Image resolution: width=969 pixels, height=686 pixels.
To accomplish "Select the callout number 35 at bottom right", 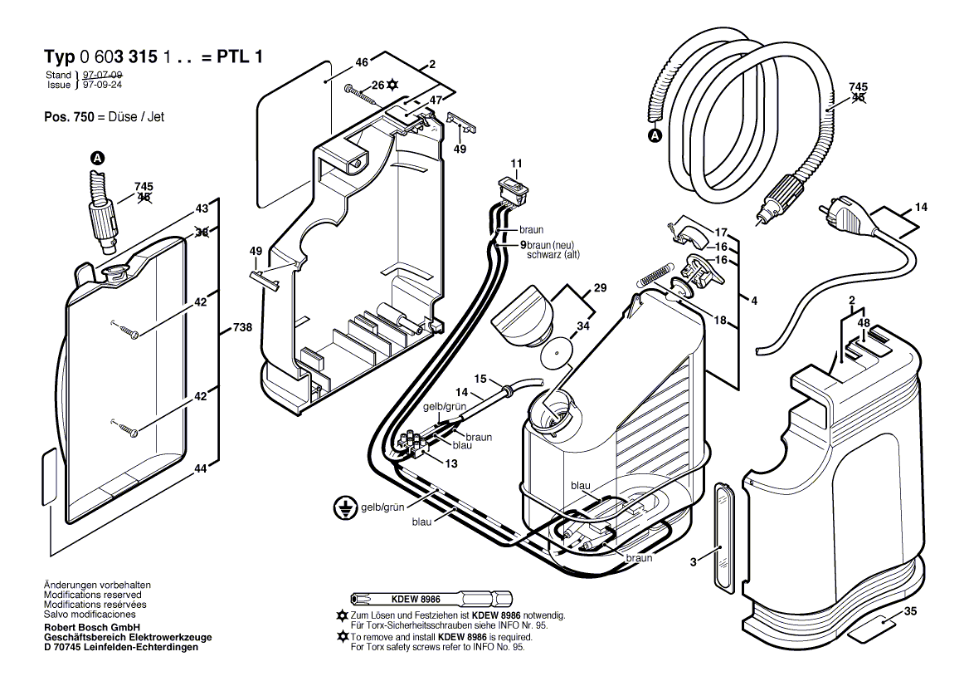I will [911, 612].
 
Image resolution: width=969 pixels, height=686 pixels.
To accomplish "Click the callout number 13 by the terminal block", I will [451, 463].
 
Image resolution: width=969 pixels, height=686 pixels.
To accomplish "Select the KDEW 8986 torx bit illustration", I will [431, 600].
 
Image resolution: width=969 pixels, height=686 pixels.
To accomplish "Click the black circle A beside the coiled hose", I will [655, 135].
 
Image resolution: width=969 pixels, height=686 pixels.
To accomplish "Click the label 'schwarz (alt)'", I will [554, 256].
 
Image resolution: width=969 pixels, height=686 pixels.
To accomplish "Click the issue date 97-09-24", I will [97, 85].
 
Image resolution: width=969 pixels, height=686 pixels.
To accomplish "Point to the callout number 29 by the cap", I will [599, 288].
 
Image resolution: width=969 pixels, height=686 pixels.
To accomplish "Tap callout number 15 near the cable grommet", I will [480, 379].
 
